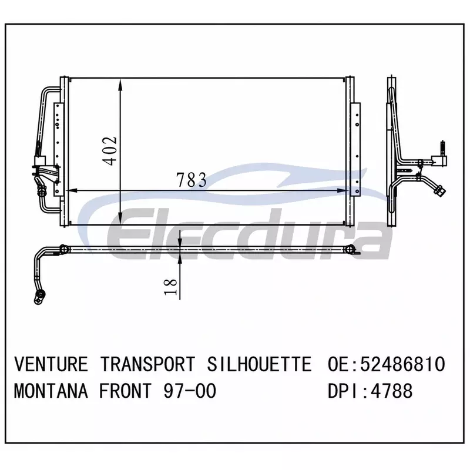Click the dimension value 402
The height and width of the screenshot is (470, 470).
(109, 151)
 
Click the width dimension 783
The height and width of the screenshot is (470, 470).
(192, 180)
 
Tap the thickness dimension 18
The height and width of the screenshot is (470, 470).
(170, 287)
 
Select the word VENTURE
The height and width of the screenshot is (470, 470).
(51, 364)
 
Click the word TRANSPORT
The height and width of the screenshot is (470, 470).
(147, 364)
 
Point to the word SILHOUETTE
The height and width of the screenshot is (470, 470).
(259, 364)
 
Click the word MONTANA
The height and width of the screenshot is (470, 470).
(51, 391)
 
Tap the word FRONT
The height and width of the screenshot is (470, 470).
(126, 391)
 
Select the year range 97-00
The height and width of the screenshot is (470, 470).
(190, 391)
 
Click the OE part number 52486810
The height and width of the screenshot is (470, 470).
(402, 364)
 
